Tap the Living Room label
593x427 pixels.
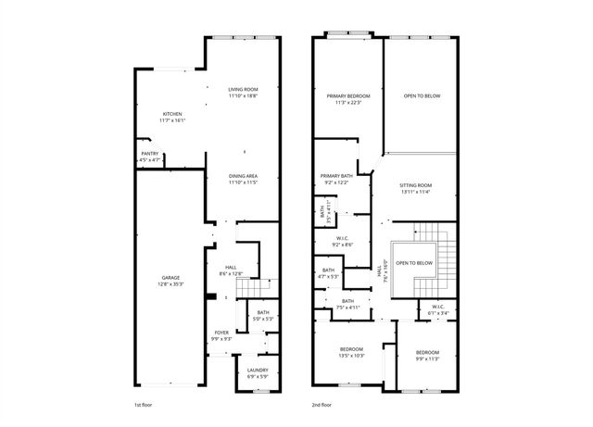pos(243,89)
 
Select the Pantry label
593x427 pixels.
pos(149,154)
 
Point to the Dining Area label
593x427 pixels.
pos(243,176)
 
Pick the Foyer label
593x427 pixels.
pos(221,332)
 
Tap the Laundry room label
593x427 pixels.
pos(257,370)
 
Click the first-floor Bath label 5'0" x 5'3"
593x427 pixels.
pos(263,314)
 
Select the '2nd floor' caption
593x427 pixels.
pos(322,405)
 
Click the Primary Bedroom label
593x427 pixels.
pos(348,95)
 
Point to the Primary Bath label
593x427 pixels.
pos(336,176)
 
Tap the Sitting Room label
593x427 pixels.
pos(416,185)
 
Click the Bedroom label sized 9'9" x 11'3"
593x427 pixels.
pos(427,353)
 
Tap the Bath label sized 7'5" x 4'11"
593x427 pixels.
pos(347,301)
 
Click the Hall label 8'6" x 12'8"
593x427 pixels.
pos(230,270)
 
